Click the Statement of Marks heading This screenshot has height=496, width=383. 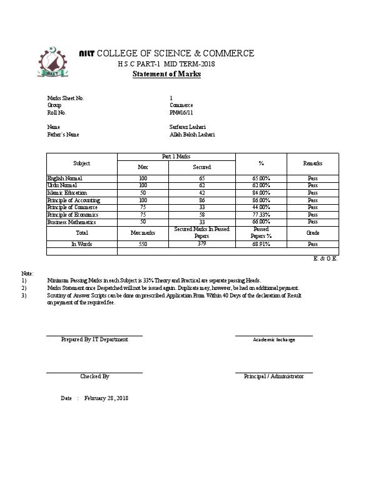[166, 74]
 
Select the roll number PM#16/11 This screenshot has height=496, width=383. [181, 113]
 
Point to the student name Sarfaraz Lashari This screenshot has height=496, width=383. [188, 127]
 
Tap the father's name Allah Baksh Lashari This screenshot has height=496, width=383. [192, 134]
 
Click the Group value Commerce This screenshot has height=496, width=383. [181, 105]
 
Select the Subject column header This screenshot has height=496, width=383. [81, 163]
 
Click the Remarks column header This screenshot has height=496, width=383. [312, 163]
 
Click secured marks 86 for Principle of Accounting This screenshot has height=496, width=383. [202, 200]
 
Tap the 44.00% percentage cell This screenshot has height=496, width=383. [260, 207]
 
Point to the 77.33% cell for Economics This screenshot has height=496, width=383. [260, 215]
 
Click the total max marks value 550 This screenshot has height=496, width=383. [143, 244]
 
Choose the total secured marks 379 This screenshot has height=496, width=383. [202, 244]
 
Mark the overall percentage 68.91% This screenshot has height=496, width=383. [260, 244]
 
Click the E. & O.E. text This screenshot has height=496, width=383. [325, 258]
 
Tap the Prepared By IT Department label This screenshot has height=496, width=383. [94, 339]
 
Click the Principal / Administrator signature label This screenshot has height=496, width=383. [273, 376]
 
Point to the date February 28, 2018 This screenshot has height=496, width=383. [106, 398]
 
